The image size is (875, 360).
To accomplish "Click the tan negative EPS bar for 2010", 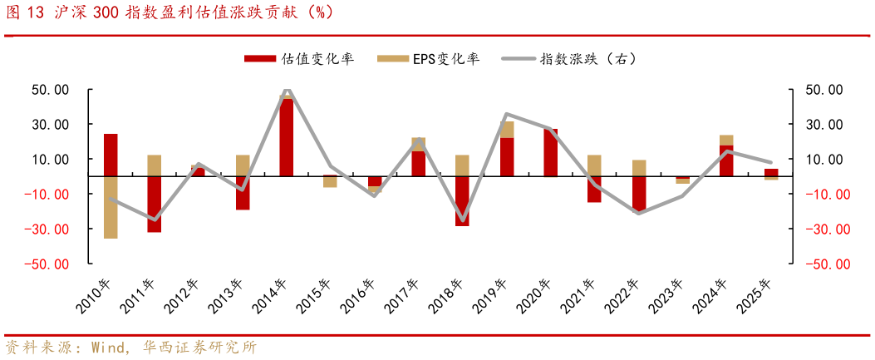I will tap(111, 207).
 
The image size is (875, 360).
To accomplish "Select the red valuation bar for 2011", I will tap(155, 204).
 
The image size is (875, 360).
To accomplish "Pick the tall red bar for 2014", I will tap(287, 138).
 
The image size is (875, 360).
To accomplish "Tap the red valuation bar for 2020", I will tap(550, 153).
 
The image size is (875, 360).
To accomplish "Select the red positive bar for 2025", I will tap(771, 172).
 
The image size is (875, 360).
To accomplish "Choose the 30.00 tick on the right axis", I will tap(827, 125).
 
